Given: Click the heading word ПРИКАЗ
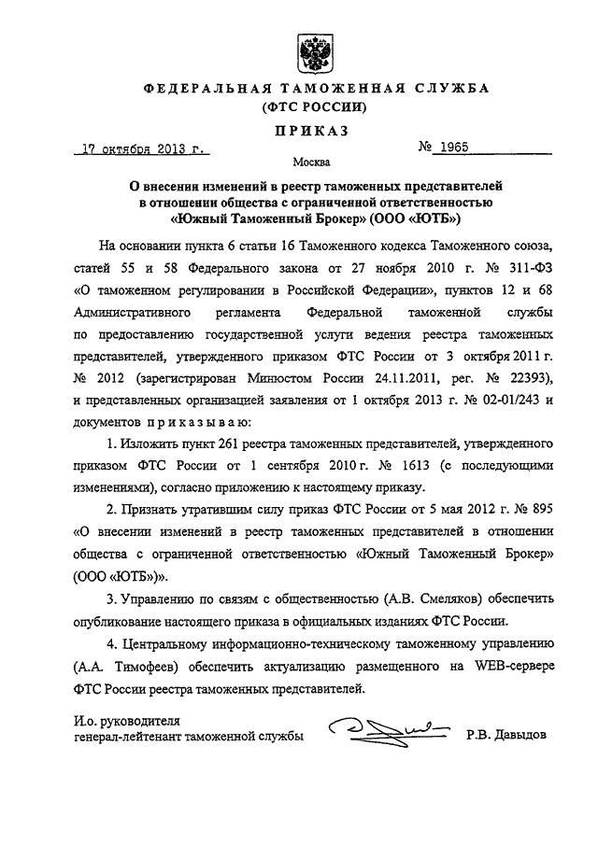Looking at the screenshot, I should [x=310, y=131].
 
